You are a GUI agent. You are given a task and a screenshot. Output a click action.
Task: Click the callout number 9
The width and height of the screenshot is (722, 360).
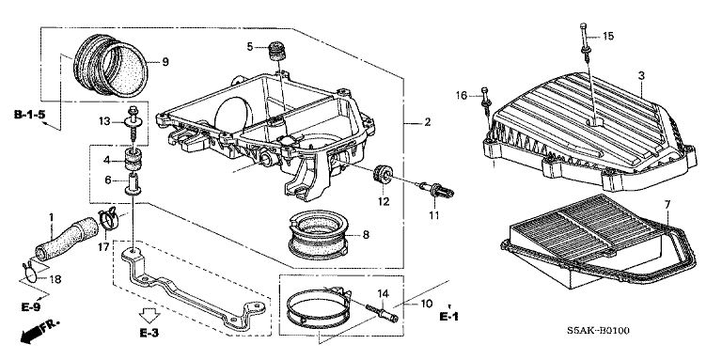pyautogui.click(x=165, y=62)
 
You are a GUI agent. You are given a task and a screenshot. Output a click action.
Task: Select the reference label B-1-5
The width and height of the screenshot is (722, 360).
pyautogui.click(x=29, y=115)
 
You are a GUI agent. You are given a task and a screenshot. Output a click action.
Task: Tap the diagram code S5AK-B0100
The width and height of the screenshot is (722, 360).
pyautogui.click(x=598, y=331)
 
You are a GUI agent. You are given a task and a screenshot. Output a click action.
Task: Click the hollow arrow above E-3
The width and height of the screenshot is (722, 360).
pyautogui.click(x=149, y=316)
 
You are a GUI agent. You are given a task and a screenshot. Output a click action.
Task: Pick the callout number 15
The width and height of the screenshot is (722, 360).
pyautogui.click(x=608, y=36)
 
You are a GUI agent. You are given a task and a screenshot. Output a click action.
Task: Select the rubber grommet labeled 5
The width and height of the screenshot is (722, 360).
pyautogui.click(x=276, y=51)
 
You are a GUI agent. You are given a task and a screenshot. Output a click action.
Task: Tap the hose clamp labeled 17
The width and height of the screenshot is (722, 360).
pyautogui.click(x=109, y=217)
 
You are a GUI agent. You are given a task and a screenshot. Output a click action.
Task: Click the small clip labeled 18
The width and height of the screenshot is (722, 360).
pyautogui.click(x=29, y=272)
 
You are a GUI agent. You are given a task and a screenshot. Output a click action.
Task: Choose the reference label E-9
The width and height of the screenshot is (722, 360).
pyautogui.click(x=31, y=307)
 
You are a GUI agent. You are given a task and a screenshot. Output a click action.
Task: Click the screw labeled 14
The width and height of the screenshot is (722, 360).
pyautogui.click(x=382, y=313)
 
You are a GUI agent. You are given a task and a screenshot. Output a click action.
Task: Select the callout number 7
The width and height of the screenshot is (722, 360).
pyautogui.click(x=667, y=203)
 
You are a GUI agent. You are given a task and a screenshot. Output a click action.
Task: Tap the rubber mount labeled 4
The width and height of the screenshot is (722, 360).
pyautogui.click(x=133, y=159)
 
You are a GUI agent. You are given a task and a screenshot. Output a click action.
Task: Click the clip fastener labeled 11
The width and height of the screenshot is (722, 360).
pyautogui.click(x=436, y=189)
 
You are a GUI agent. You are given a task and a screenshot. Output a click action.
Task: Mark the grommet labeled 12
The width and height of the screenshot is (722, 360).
pyautogui.click(x=383, y=174)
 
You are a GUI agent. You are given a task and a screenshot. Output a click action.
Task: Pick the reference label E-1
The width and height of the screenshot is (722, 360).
pyautogui.click(x=449, y=316)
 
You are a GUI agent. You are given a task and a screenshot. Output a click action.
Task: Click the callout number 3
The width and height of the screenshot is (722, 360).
pyautogui.click(x=640, y=76)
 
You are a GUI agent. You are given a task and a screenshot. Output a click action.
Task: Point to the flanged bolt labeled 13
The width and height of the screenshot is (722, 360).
pyautogui.click(x=133, y=123)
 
